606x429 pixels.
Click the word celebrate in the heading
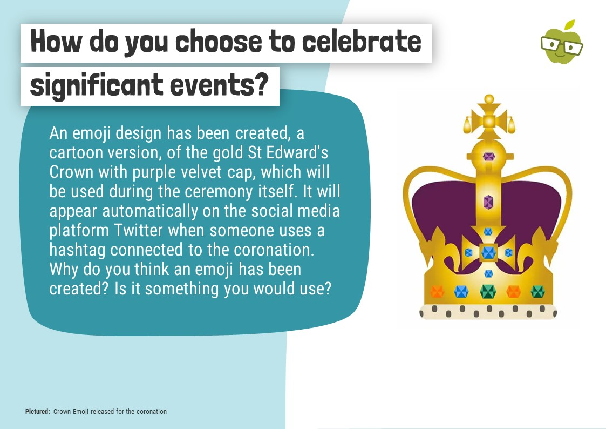pos(362,42)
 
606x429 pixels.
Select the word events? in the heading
pos(219,84)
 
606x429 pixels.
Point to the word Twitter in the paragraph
pos(138,231)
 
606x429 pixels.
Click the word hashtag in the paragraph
pos(77,250)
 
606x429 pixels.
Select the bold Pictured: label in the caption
pos(37,412)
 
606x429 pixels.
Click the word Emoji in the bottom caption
pos(80,412)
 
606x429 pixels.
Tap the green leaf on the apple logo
pos(570,25)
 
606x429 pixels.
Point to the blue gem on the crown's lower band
pos(461,291)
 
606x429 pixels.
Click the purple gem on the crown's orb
pos(489,157)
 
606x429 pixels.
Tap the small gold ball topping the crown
pos(489,99)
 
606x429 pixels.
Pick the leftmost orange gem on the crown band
pos(437,291)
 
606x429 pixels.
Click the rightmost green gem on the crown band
pos(537,291)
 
